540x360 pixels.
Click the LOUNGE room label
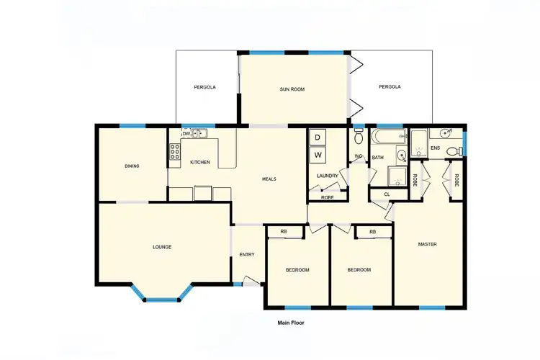(162, 247)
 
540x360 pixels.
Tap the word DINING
(132, 166)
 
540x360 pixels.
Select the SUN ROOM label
(292, 89)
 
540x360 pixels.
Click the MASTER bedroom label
(428, 244)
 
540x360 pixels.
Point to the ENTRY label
(247, 254)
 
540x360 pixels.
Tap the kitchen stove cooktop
(174, 151)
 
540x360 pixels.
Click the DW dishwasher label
(186, 134)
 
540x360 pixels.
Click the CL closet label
(387, 194)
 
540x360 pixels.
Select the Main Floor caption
(291, 323)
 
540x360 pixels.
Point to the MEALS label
(269, 179)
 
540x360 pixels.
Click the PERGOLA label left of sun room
(204, 87)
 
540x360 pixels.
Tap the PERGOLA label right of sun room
(390, 87)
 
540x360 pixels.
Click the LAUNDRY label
(327, 176)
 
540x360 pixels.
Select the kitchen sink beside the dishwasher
(201, 133)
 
